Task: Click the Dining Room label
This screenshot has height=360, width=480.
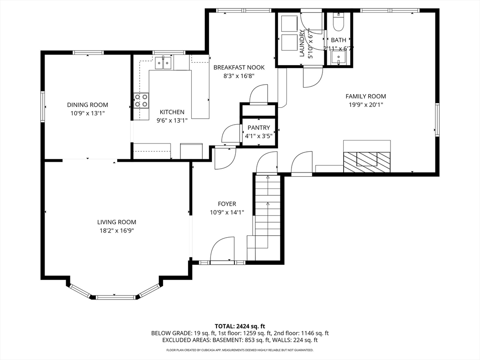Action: click(87, 105)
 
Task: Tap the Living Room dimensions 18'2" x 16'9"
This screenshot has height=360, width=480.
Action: click(117, 231)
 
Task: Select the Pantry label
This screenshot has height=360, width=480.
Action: click(259, 127)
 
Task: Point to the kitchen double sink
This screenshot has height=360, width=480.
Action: click(164, 62)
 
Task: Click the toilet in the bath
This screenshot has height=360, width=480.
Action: click(338, 22)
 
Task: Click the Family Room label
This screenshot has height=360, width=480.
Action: click(366, 96)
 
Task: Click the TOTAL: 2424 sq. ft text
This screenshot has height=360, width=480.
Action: click(240, 326)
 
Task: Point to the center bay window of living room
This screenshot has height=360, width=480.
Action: click(115, 297)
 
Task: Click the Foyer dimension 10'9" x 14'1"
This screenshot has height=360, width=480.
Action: click(227, 212)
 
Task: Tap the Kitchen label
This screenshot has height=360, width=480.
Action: click(172, 112)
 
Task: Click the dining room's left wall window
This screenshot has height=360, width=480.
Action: click(43, 107)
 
